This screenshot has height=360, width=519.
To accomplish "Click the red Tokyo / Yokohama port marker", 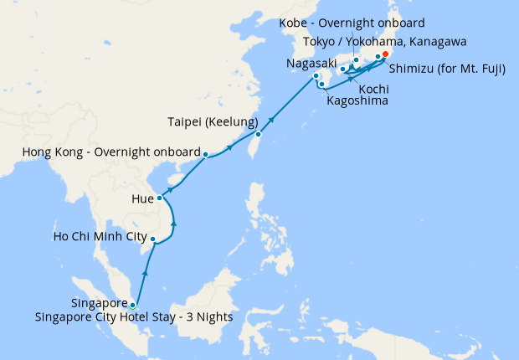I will [x=386, y=56].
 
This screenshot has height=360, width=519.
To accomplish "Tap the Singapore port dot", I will [x=132, y=305].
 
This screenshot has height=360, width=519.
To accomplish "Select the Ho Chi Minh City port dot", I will [x=152, y=239].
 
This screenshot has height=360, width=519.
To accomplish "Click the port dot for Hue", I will [x=159, y=198].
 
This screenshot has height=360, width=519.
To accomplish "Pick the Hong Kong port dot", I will [x=205, y=153].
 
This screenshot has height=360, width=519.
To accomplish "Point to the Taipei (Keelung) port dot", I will [x=259, y=134].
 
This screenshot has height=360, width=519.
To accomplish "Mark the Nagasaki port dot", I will [x=316, y=77].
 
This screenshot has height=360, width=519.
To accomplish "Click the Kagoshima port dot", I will [x=321, y=85].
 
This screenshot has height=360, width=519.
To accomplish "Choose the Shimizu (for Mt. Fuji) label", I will [x=447, y=70].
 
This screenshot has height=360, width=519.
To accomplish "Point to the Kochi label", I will [x=373, y=88].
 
